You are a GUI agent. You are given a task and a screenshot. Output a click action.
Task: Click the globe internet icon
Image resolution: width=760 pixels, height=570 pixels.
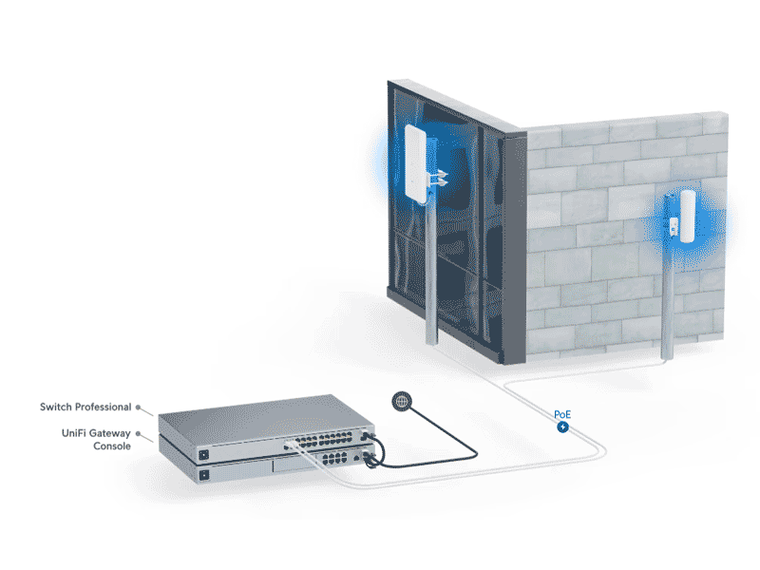(402, 402)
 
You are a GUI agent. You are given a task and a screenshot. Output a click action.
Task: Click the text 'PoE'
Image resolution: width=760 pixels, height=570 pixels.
(563, 414)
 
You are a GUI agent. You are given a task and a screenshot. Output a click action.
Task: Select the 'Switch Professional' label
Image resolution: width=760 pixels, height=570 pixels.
(85, 407)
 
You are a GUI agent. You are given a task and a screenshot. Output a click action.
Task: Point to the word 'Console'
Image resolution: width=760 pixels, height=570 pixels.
(112, 446)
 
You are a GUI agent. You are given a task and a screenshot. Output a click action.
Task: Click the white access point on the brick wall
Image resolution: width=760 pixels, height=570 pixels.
(682, 216)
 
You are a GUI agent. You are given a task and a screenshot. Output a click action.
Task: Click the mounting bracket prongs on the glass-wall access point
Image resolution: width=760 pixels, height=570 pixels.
(438, 177)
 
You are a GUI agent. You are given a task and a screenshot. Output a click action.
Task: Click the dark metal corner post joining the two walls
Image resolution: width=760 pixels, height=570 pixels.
(514, 247)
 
